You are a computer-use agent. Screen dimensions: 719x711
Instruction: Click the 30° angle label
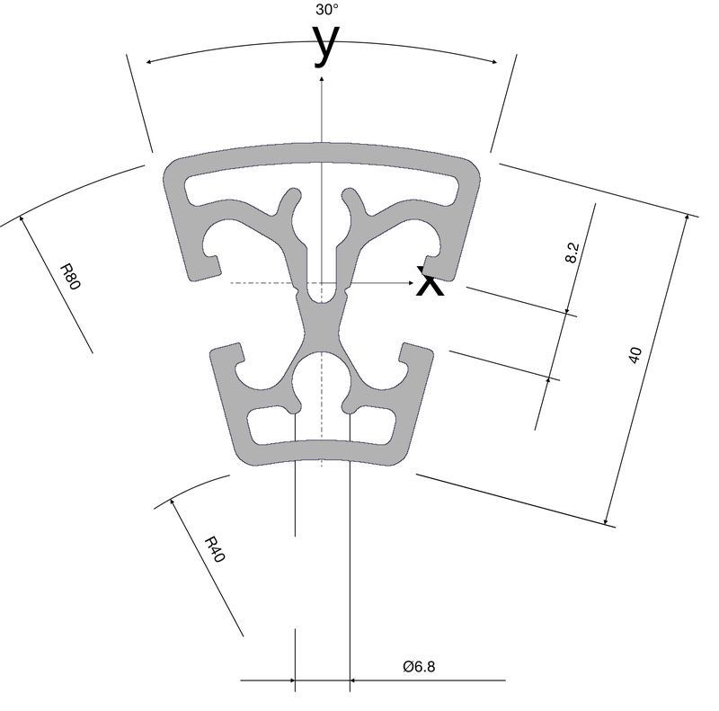pyautogui.click(x=326, y=10)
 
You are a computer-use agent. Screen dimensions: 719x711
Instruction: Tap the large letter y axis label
pyautogui.click(x=326, y=47)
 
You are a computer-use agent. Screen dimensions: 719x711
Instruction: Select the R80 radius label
pyautogui.click(x=71, y=277)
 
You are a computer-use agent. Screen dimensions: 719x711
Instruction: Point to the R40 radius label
pyautogui.click(x=215, y=549)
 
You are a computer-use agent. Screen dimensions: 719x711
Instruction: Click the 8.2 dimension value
pyautogui.click(x=573, y=253)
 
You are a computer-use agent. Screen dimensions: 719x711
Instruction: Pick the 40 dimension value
pyautogui.click(x=635, y=356)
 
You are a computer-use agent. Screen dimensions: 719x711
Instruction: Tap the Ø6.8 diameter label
pyautogui.click(x=419, y=665)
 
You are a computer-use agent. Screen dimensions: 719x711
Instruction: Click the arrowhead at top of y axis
pyautogui.click(x=322, y=80)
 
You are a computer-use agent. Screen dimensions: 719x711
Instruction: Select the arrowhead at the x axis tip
pyautogui.click(x=411, y=283)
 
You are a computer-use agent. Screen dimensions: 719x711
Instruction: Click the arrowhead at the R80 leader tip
pyautogui.click(x=21, y=218)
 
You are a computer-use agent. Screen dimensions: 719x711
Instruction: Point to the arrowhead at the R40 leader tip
pyautogui.click(x=173, y=502)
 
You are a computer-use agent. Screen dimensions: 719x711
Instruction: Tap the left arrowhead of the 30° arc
pyautogui.click(x=148, y=62)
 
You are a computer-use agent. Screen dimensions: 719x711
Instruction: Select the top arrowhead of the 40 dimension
pyautogui.click(x=687, y=218)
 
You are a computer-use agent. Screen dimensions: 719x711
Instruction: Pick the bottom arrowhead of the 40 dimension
pyautogui.click(x=606, y=520)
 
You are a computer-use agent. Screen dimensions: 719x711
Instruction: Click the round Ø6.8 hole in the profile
pyautogui.click(x=322, y=380)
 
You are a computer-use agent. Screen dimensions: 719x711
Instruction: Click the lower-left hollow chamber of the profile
pyautogui.click(x=271, y=424)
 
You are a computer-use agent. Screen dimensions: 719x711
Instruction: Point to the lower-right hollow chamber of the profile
pyautogui.click(x=372, y=425)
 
